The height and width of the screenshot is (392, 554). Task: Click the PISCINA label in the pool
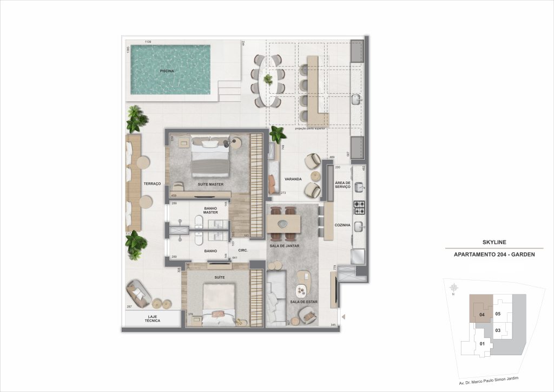167,71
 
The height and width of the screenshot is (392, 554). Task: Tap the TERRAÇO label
152,184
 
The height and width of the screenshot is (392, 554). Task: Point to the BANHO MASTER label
210,210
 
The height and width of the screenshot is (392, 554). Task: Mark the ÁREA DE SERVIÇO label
343,185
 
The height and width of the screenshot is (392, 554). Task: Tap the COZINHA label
343,224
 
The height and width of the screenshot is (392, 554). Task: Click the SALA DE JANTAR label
285,246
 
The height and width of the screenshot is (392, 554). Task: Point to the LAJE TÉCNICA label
153,319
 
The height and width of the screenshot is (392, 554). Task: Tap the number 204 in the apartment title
497,254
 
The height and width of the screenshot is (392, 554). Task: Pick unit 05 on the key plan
498,313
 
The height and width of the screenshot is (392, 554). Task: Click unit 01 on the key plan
482,344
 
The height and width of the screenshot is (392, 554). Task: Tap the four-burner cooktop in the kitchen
360,206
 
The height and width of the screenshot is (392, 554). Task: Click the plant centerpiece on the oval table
268,80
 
